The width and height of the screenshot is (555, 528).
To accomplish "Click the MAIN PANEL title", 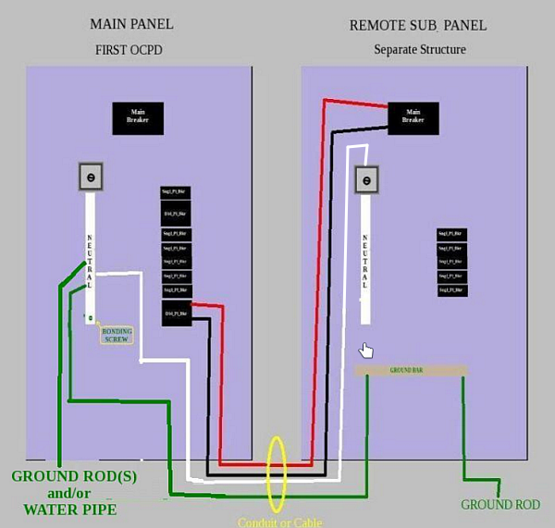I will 130,24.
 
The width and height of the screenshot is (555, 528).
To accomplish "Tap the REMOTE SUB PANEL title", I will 418,25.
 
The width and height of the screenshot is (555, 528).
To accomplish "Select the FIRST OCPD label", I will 130,49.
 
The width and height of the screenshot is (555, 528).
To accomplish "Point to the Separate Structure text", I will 420,49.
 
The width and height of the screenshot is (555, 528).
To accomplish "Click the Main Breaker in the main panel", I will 131,117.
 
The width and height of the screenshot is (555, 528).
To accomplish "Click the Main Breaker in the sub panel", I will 413,117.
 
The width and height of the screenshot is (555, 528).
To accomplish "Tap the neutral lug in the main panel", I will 91,178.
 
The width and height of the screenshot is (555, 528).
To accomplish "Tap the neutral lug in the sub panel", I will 367,179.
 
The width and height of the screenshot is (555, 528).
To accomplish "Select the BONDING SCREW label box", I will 117,335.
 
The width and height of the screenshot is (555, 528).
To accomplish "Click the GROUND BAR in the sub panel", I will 411,370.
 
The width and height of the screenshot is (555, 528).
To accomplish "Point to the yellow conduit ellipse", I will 276,473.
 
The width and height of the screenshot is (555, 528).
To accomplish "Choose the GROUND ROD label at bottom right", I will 499,505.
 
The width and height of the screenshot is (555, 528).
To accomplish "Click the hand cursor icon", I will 367,350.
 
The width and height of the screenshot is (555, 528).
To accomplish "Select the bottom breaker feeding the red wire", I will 176,313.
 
